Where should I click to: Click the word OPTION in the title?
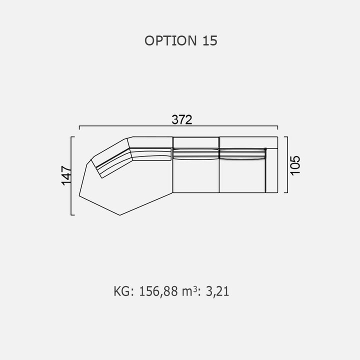(x=170, y=40)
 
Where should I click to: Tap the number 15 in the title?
(x=210, y=40)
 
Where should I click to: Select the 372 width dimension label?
(x=182, y=119)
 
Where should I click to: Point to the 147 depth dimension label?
(x=66, y=175)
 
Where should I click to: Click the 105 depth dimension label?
(x=295, y=165)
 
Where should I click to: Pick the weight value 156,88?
(x=158, y=291)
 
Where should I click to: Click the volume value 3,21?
(x=217, y=291)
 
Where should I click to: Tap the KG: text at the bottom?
(x=123, y=291)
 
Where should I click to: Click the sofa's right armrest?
(x=272, y=170)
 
